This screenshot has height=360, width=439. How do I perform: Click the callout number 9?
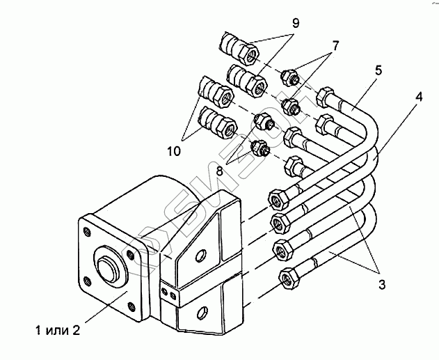(295, 23)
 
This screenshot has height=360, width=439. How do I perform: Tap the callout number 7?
(335, 46)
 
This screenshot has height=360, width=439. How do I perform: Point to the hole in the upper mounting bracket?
(201, 253)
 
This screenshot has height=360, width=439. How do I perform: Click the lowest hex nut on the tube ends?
(286, 279)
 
